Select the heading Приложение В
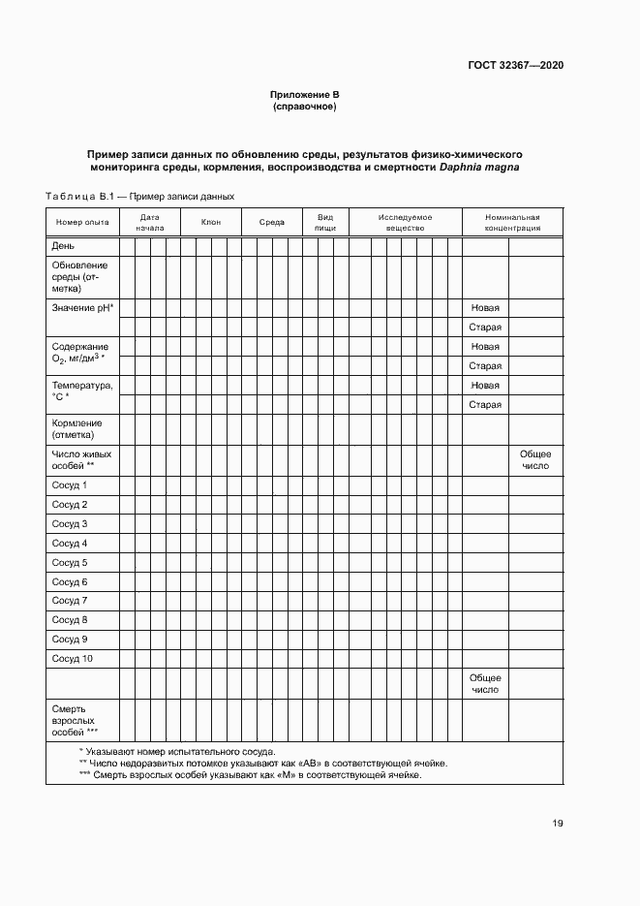click(305, 95)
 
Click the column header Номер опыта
click(82, 223)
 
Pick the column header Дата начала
click(149, 223)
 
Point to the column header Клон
click(210, 223)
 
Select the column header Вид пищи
click(326, 223)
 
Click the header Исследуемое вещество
click(405, 223)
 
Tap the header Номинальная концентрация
click(512, 223)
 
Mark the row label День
click(63, 246)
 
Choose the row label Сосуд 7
click(70, 601)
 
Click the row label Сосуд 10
click(73, 659)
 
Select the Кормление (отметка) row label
click(77, 429)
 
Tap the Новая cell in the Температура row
click(485, 385)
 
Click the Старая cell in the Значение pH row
click(485, 328)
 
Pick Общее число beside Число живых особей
click(535, 459)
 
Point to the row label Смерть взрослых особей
click(76, 721)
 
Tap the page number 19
click(558, 824)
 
